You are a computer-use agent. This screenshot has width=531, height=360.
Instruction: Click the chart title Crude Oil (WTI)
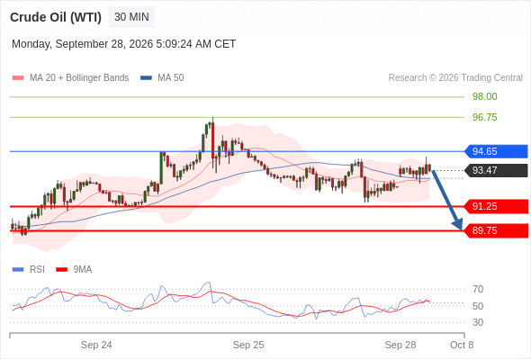click(x=56, y=17)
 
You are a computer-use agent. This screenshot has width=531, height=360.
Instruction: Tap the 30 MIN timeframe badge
click(x=131, y=17)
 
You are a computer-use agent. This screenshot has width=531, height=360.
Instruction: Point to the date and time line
click(x=123, y=44)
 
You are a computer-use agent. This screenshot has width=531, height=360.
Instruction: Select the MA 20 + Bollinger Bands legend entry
click(x=70, y=78)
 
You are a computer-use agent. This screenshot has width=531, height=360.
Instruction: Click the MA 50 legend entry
click(x=162, y=78)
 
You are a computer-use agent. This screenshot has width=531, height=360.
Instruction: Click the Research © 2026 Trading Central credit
click(x=455, y=78)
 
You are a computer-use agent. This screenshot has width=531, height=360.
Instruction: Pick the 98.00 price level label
click(x=484, y=96)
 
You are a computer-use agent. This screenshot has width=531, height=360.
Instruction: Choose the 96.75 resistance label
click(x=484, y=117)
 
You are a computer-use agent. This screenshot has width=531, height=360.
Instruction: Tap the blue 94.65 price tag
click(x=496, y=151)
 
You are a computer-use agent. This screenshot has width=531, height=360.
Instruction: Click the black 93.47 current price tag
click(x=496, y=170)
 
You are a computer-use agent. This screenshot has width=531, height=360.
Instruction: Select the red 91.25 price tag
click(x=496, y=206)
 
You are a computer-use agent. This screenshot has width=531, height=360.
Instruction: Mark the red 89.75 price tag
click(x=496, y=230)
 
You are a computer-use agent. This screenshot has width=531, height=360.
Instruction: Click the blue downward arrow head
click(x=458, y=224)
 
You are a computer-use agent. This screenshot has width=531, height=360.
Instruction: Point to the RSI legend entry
click(x=29, y=270)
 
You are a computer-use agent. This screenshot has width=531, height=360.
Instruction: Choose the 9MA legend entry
click(x=74, y=270)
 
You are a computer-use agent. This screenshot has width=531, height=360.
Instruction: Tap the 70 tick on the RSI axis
click(x=478, y=289)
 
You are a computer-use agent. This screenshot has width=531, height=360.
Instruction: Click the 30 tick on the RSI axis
click(x=478, y=322)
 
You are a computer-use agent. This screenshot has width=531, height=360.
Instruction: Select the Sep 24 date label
click(x=96, y=345)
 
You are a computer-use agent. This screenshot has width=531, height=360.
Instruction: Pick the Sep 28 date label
click(x=400, y=345)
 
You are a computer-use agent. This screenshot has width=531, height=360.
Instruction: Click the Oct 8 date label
click(x=462, y=345)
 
